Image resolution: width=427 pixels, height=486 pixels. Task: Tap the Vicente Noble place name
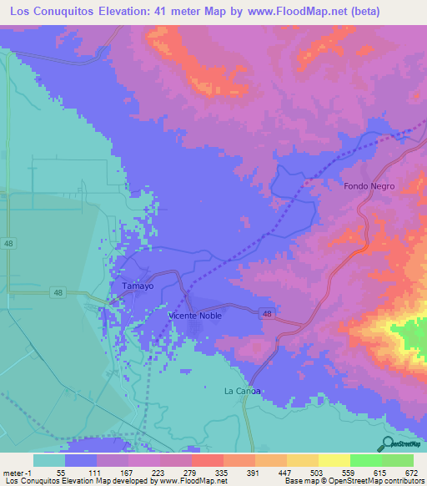click(194, 316)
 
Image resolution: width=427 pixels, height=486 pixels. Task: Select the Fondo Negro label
click(369, 186)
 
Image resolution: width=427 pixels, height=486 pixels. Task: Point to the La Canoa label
click(243, 391)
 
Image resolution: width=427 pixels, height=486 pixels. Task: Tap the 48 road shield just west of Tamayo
click(57, 291)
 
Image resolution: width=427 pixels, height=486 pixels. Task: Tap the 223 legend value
click(152, 473)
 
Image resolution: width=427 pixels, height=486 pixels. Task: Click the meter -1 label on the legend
click(17, 473)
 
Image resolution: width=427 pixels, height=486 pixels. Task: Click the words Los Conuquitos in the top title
click(48, 11)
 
